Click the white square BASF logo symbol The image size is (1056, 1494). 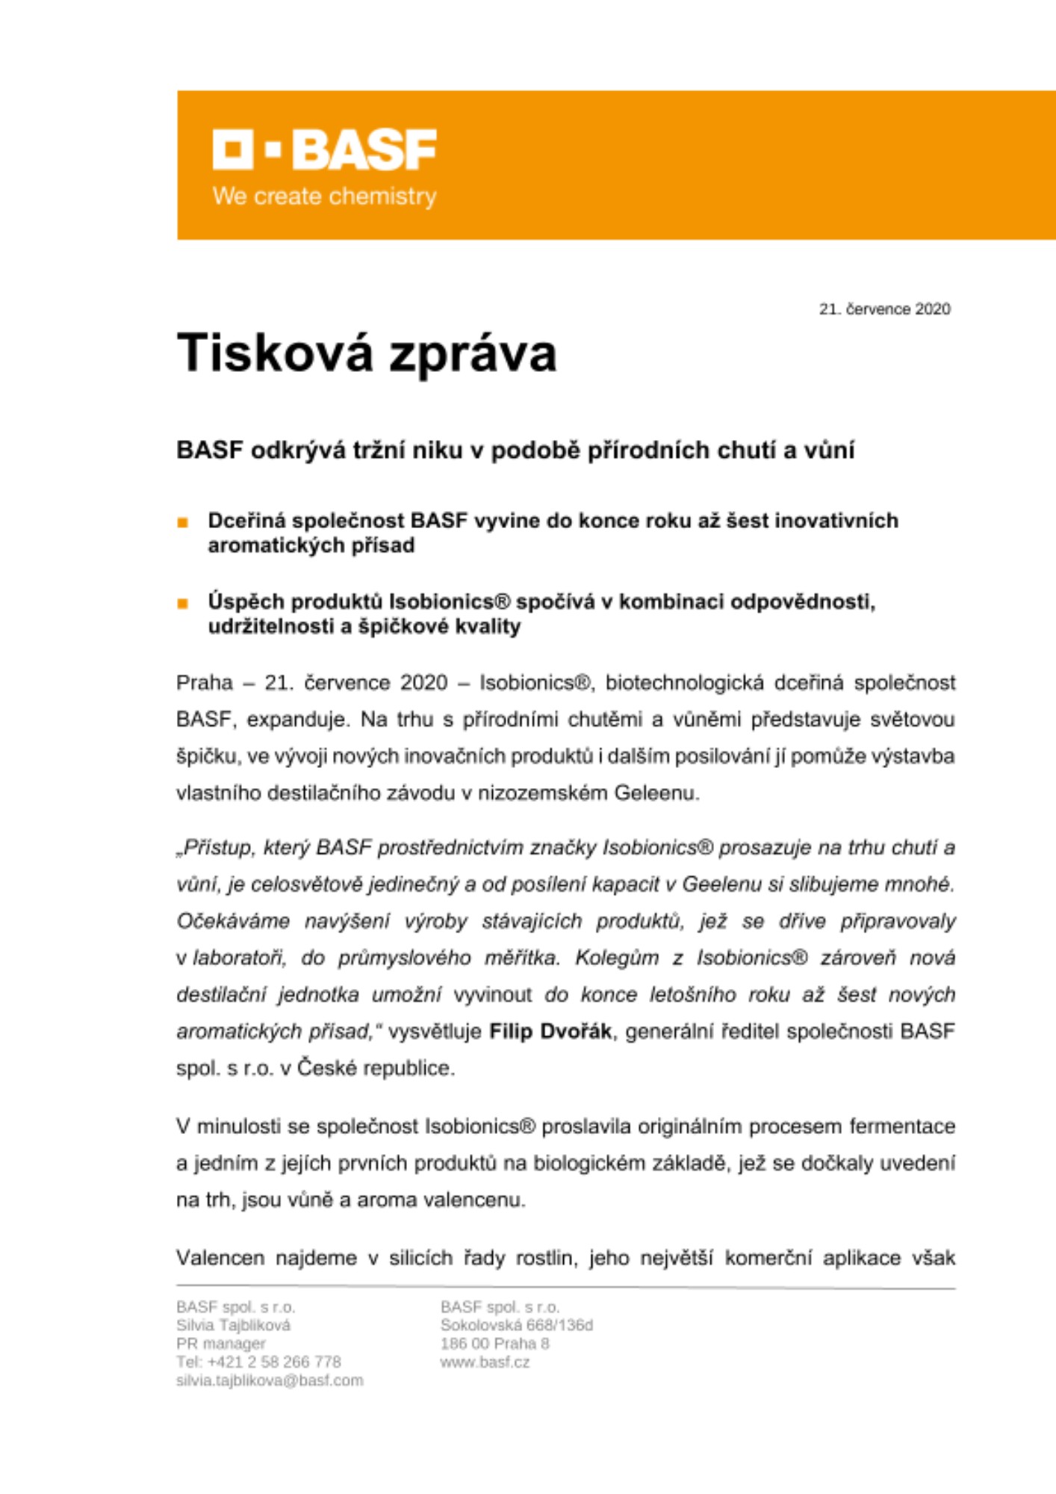[x=232, y=149]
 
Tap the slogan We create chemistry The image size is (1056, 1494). [x=324, y=196]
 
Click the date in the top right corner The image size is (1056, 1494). [x=884, y=309]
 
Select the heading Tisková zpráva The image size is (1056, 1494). [x=366, y=353]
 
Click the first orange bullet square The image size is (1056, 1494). [x=183, y=523]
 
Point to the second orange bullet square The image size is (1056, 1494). [x=183, y=604]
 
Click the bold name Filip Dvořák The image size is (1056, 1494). [x=550, y=1032]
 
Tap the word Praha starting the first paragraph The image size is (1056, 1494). [x=204, y=683]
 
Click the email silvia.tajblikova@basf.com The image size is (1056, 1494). [x=270, y=1380]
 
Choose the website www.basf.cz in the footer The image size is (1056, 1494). [x=485, y=1362]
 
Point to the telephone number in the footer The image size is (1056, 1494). [x=258, y=1362]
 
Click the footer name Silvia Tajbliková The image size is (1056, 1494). [x=233, y=1325]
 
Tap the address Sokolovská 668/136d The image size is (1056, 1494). [x=516, y=1325]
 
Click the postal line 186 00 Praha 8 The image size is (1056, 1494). [x=494, y=1343]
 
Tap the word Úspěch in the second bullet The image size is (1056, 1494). [x=245, y=601]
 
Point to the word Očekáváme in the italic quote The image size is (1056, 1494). [x=233, y=921]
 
